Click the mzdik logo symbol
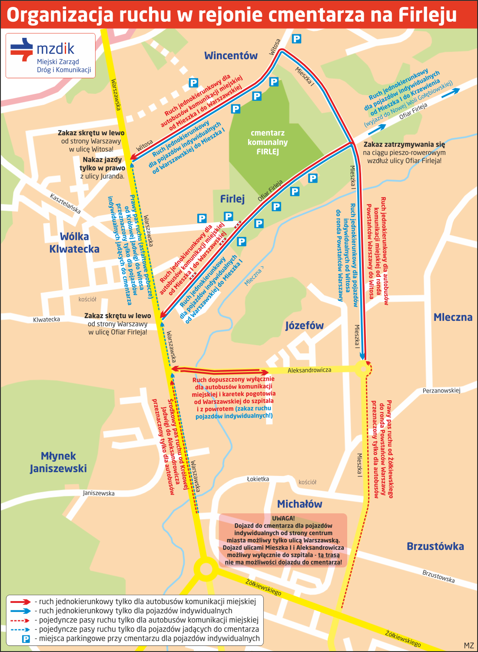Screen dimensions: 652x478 pyautogui.click(x=22, y=49)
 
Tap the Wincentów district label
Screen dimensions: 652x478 pyautogui.click(x=231, y=56)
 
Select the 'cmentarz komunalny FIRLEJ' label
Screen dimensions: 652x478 pyautogui.click(x=268, y=142)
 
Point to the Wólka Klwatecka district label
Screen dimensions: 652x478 pyautogui.click(x=74, y=243)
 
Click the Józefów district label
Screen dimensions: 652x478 pyautogui.click(x=304, y=326)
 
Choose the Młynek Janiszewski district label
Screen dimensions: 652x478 pyautogui.click(x=58, y=462)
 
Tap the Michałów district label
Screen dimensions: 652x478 pyautogui.click(x=299, y=504)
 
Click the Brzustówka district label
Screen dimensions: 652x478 pyautogui.click(x=435, y=546)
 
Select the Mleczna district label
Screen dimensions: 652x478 pyautogui.click(x=453, y=317)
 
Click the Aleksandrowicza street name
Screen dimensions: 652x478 pyautogui.click(x=309, y=370)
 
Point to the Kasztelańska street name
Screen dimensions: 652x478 pyautogui.click(x=65, y=203)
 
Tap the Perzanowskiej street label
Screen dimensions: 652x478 pyautogui.click(x=441, y=391)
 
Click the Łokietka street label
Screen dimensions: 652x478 pyautogui.click(x=258, y=479)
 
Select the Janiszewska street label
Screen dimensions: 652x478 pyautogui.click(x=99, y=493)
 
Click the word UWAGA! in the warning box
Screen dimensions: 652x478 pyautogui.click(x=283, y=518)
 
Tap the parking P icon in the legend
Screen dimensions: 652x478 pyautogui.click(x=26, y=639)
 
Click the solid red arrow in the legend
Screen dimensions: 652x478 pyautogui.click(x=20, y=602)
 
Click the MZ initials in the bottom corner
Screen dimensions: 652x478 pyautogui.click(x=468, y=645)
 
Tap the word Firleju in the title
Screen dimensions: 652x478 pyautogui.click(x=428, y=15)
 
